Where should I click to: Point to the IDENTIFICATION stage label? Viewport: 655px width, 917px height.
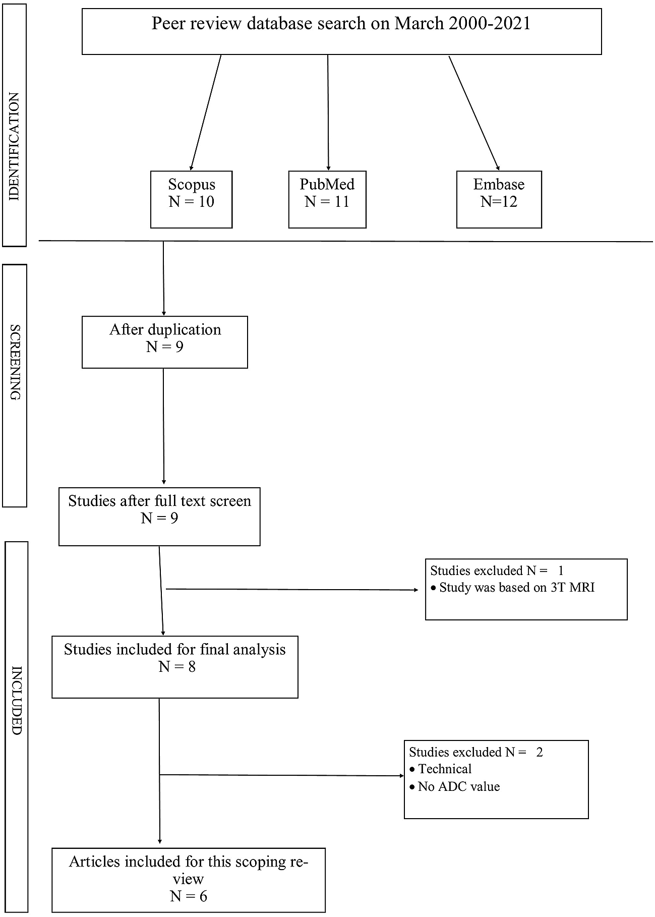tap(14, 147)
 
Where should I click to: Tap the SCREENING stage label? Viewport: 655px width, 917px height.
tap(15, 362)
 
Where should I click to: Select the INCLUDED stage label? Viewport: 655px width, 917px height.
tap(16, 700)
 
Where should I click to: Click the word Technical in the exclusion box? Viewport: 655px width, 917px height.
tap(445, 769)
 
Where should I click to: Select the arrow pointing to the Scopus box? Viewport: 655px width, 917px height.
tap(206, 112)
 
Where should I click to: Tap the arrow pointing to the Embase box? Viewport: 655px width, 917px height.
tap(474, 113)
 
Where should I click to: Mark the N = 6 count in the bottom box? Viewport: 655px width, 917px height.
tap(189, 896)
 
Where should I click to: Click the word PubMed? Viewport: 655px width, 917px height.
tap(327, 184)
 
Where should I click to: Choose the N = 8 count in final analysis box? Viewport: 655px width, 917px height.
tap(177, 667)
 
